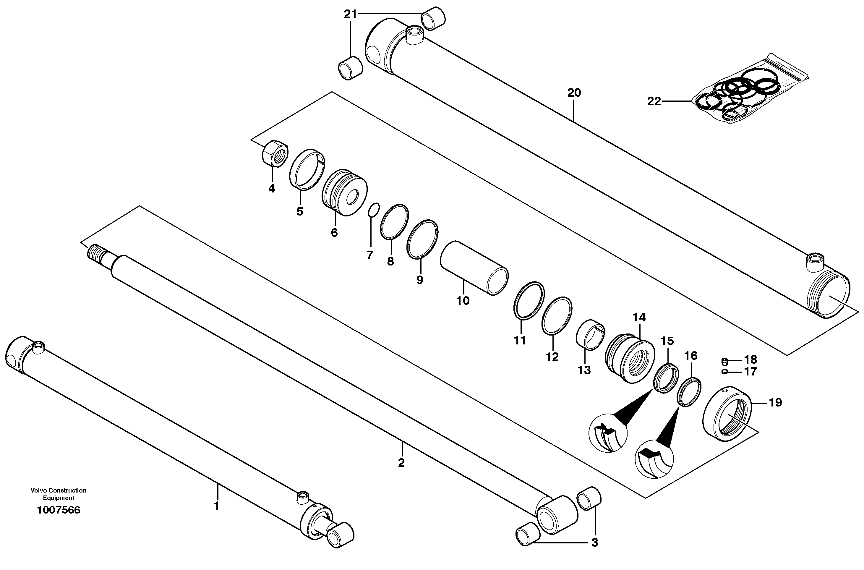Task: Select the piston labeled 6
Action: coord(345,193)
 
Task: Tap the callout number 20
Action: coord(574,93)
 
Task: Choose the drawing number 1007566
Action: coord(59,510)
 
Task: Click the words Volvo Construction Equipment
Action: coord(59,494)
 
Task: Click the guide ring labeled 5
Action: coord(307,170)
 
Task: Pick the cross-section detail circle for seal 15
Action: coord(608,433)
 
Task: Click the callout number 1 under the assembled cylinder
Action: coord(217,506)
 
